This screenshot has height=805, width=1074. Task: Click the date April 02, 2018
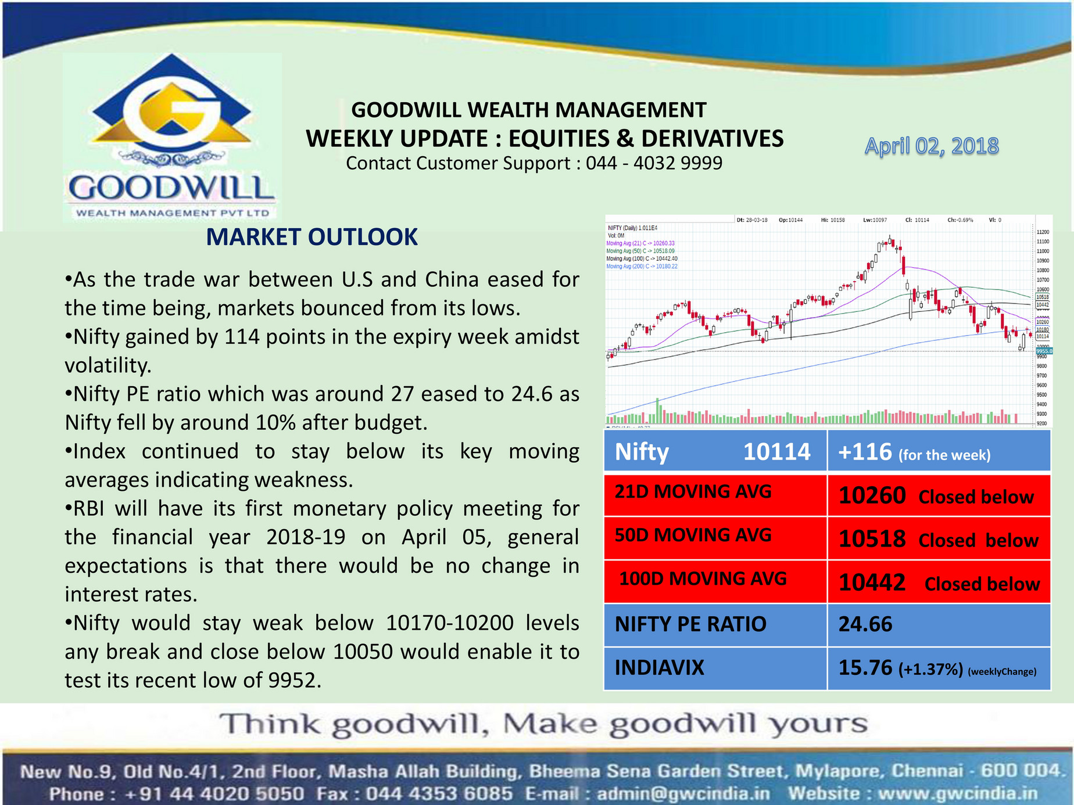(x=931, y=146)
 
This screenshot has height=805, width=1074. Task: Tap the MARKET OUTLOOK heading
(x=312, y=237)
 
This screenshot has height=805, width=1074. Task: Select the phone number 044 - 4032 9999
(x=654, y=163)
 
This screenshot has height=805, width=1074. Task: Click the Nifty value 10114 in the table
(x=776, y=452)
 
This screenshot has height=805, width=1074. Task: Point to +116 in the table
(x=865, y=452)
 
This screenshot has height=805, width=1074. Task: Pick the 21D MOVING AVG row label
(x=693, y=492)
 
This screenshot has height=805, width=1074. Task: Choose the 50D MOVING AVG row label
(x=693, y=535)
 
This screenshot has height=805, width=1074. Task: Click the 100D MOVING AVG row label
(x=703, y=578)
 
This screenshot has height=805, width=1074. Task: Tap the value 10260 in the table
(x=872, y=495)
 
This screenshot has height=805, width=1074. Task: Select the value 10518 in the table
(x=872, y=539)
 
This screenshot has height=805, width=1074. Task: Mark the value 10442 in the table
(x=872, y=583)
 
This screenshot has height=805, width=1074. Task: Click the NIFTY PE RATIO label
(x=690, y=624)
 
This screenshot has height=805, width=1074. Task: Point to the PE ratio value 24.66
(x=865, y=624)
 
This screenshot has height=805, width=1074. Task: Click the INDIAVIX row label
(x=659, y=668)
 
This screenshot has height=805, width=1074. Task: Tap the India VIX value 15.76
(x=865, y=668)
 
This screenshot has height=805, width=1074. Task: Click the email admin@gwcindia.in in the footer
(x=683, y=793)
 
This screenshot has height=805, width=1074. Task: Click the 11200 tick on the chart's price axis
(x=1043, y=232)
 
